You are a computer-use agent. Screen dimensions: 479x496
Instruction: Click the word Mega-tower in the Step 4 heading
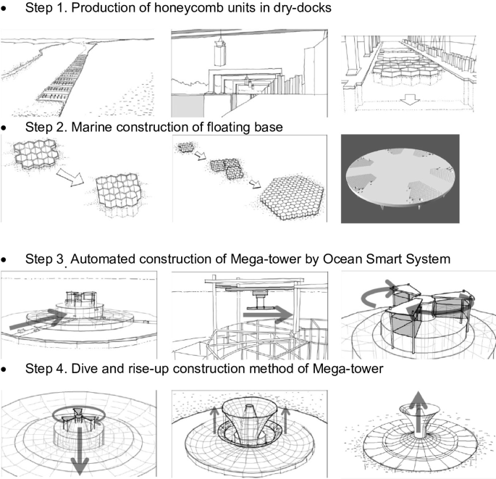[340, 369]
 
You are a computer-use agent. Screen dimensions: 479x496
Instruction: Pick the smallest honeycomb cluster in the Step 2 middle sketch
[189, 149]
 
